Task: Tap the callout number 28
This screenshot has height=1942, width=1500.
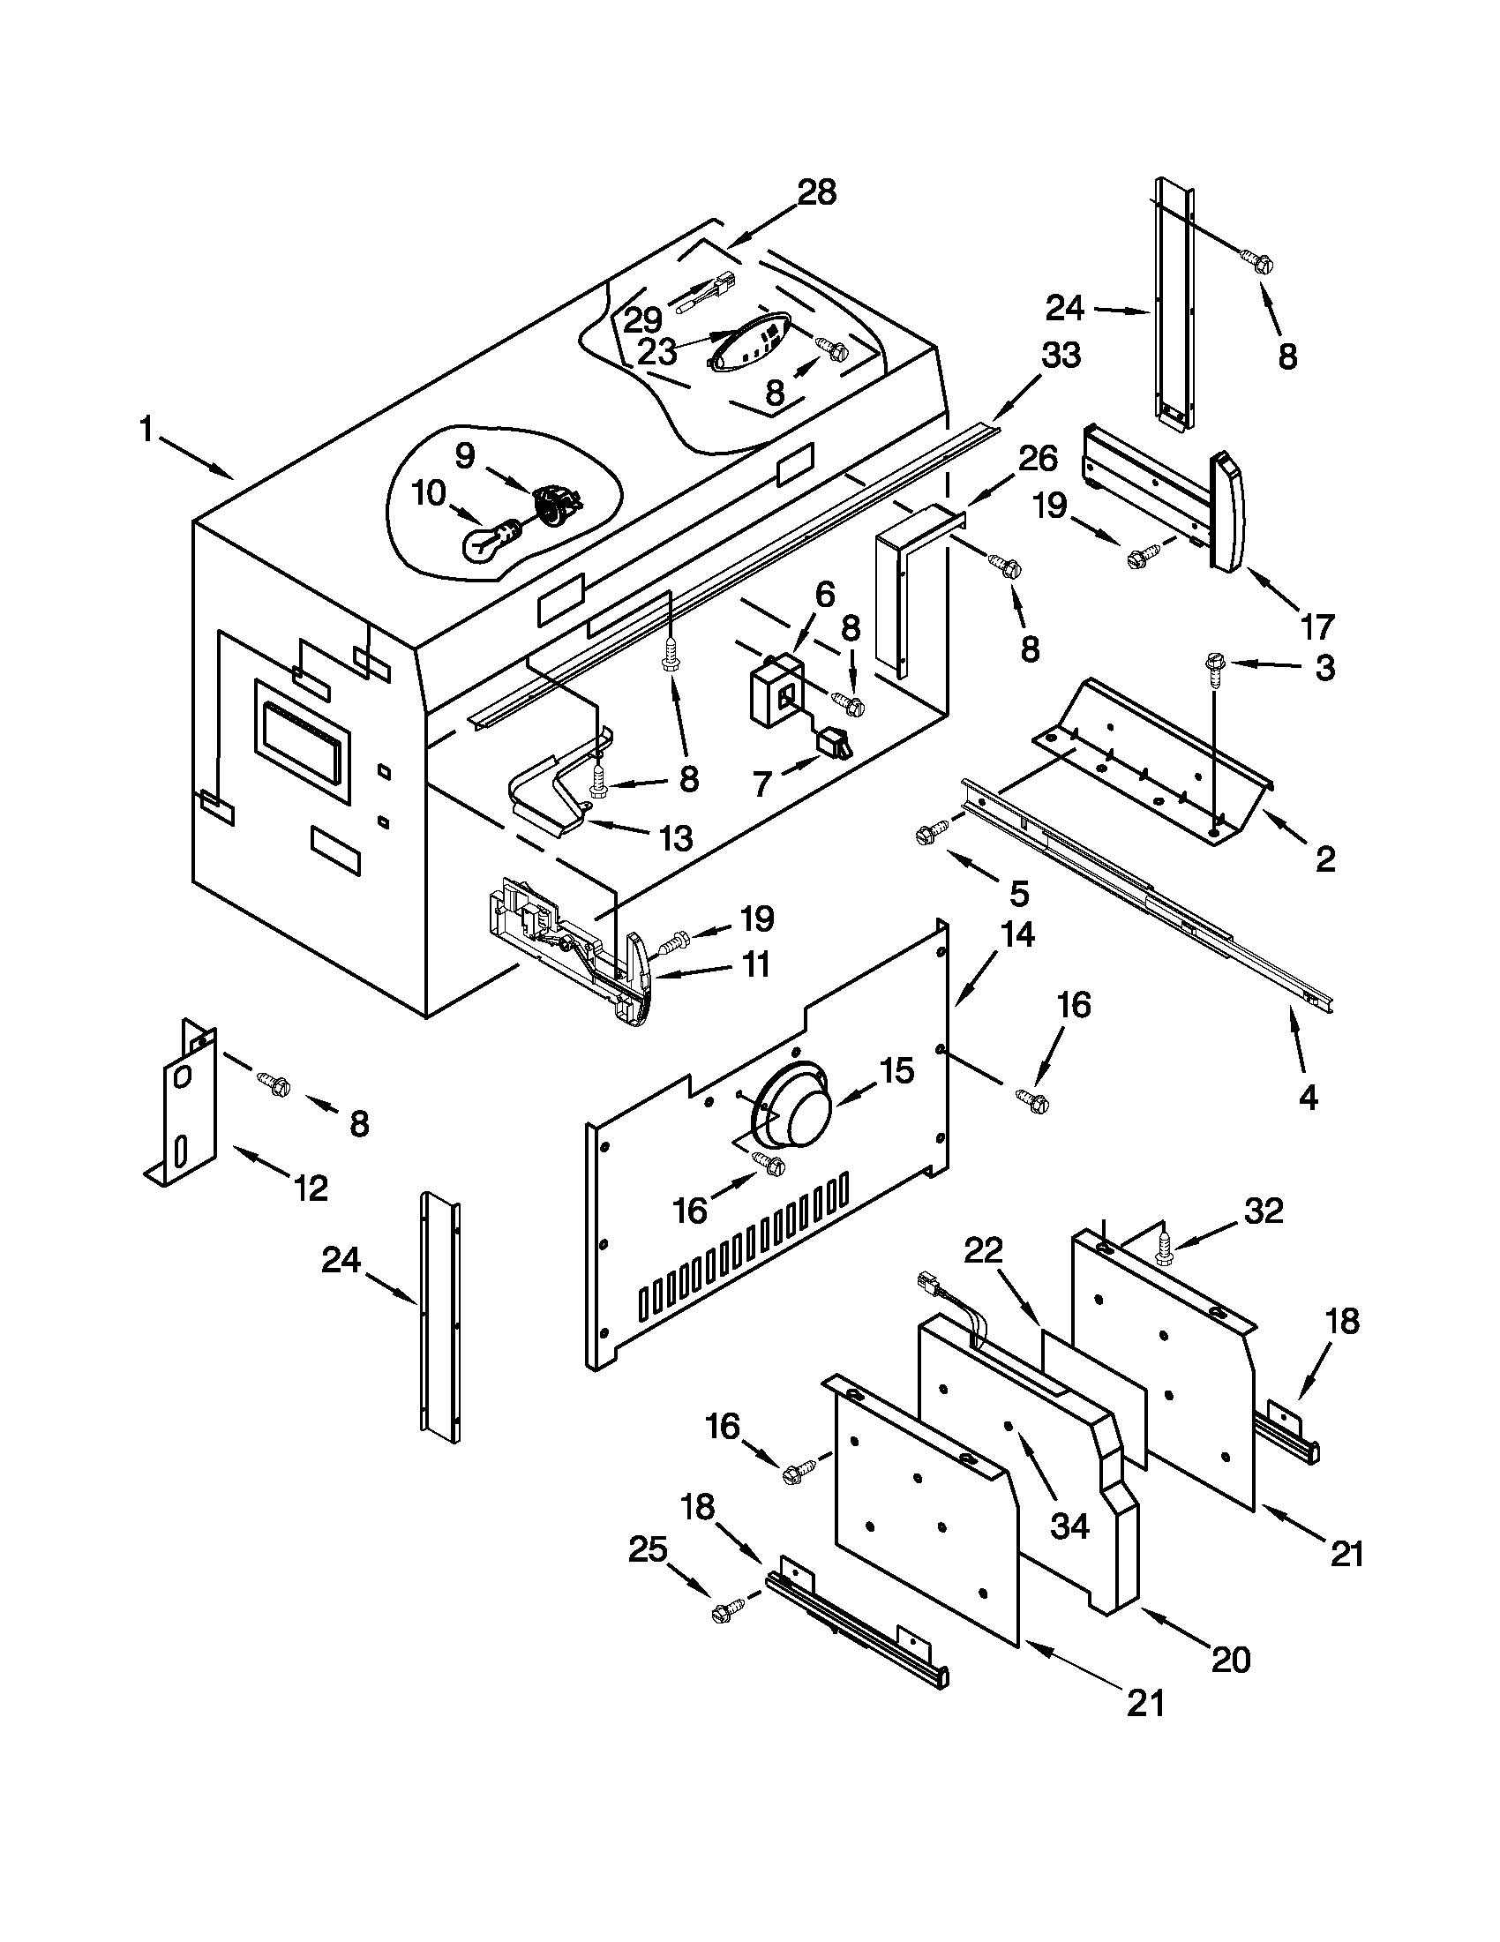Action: pos(817,192)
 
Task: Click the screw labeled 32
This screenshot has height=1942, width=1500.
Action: pos(1164,1249)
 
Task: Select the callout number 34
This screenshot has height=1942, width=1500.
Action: pos(1069,1526)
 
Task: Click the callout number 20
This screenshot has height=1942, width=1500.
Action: pos(1231,1659)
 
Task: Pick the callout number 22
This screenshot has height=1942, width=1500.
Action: pos(984,1252)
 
